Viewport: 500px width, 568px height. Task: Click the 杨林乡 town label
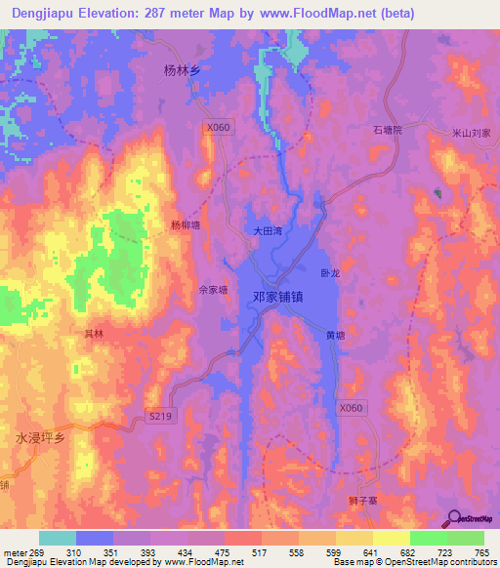pyautogui.click(x=181, y=70)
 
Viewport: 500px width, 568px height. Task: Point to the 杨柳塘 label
pyautogui.click(x=185, y=224)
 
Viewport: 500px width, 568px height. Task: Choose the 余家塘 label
pyautogui.click(x=212, y=290)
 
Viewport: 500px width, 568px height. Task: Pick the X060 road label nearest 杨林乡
pyautogui.click(x=218, y=127)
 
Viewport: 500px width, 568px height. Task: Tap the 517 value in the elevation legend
pyautogui.click(x=260, y=552)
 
